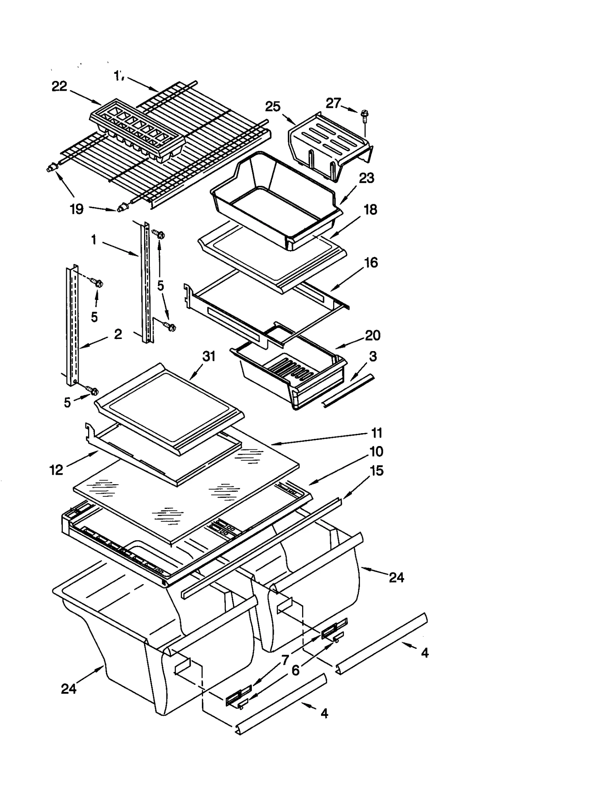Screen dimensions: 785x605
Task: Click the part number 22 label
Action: coord(59,87)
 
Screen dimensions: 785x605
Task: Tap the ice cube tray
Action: coord(137,130)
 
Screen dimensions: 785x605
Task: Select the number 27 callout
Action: coord(333,103)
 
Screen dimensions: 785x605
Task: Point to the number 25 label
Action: coord(273,107)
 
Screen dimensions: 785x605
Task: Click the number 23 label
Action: coord(366,178)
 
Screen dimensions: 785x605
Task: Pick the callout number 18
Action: coord(370,210)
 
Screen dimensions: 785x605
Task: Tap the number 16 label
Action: coord(371,263)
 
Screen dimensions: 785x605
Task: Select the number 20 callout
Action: coord(372,335)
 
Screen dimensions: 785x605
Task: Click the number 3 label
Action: coord(373,356)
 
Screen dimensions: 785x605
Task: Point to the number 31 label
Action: coord(209,356)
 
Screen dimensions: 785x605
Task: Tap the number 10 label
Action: coord(376,451)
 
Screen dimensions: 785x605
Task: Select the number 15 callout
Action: coord(377,471)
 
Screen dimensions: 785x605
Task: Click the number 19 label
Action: coord(77,209)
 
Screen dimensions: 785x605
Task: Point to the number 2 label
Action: coord(118,334)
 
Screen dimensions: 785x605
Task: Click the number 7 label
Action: coord(285,660)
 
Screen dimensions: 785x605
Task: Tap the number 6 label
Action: coord(295,670)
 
